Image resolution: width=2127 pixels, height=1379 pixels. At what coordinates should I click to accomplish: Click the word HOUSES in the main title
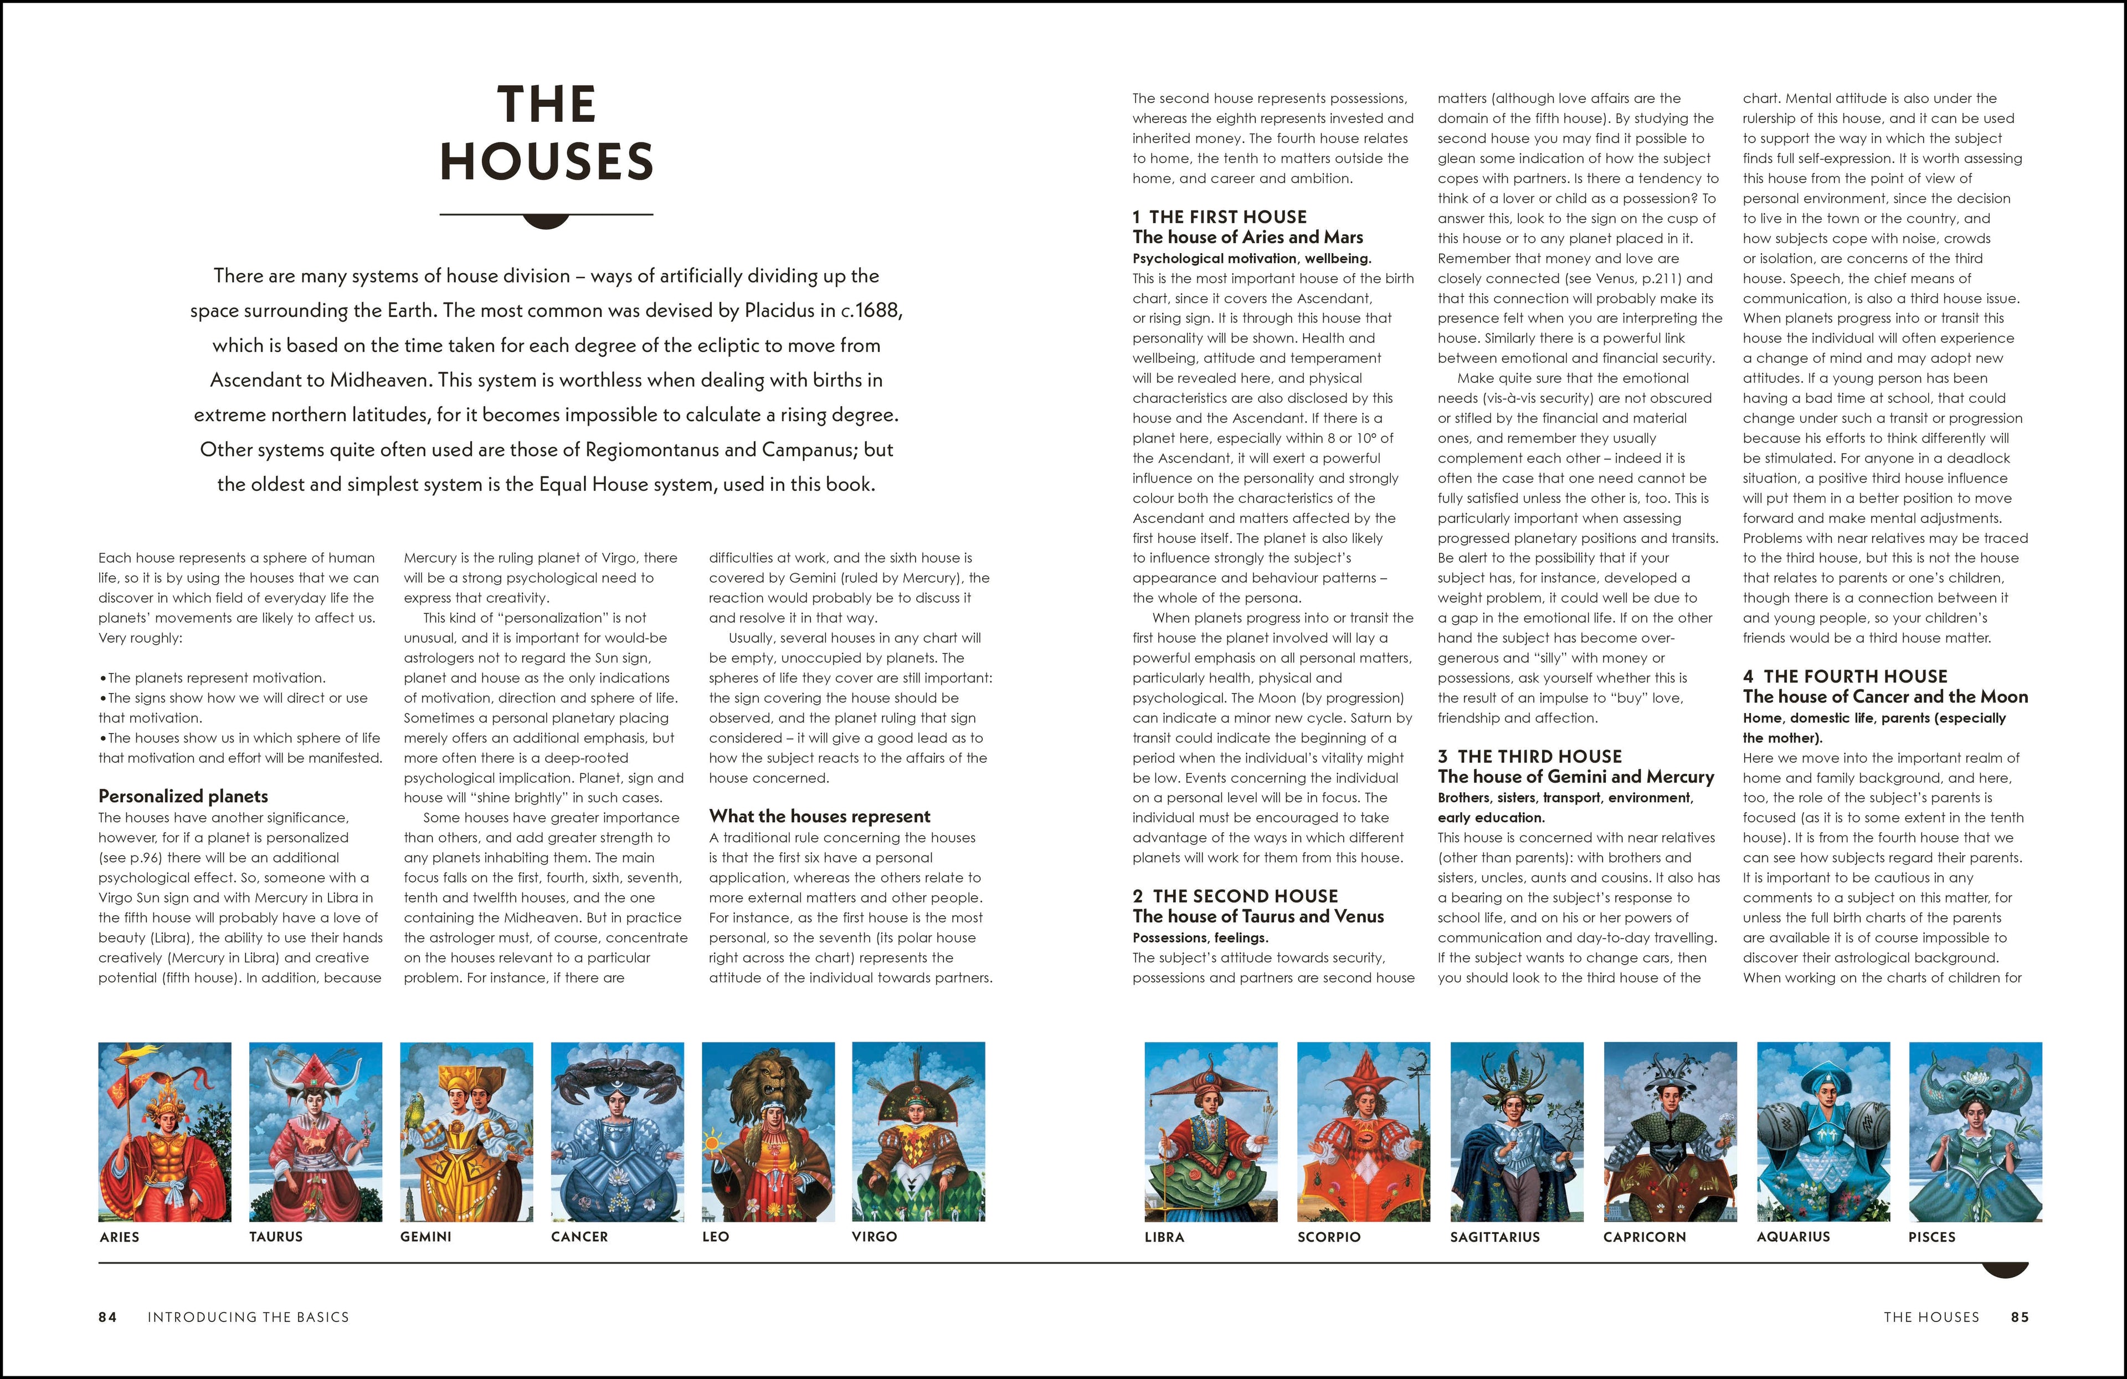[546, 162]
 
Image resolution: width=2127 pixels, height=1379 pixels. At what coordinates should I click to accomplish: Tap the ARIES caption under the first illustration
[120, 1237]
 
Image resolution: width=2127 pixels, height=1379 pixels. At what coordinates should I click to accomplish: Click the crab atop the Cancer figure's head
[618, 1068]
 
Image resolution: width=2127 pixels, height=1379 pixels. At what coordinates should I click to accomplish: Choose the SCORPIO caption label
[1329, 1237]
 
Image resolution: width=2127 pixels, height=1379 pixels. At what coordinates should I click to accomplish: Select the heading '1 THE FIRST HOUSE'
[1219, 217]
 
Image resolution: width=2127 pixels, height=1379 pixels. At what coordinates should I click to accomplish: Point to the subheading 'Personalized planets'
[183, 796]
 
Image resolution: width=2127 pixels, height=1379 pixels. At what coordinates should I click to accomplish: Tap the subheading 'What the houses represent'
[820, 816]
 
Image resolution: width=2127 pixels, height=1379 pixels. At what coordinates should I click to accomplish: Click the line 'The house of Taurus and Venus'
[1257, 916]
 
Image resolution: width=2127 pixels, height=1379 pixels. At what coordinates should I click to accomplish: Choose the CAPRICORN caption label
[1645, 1237]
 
